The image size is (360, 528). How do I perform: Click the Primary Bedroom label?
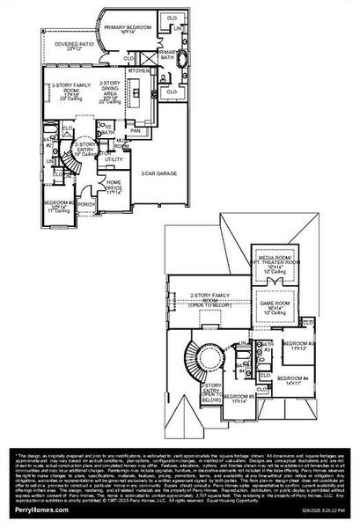126,29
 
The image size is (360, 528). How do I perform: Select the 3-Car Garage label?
158,172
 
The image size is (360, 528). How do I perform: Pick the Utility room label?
114,159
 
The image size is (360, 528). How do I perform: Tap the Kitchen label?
139,70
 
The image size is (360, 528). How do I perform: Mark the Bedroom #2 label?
60,207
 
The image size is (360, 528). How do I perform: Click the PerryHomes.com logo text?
32,510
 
